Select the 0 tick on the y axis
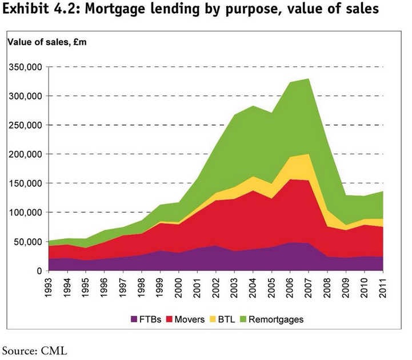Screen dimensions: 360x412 39,271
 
